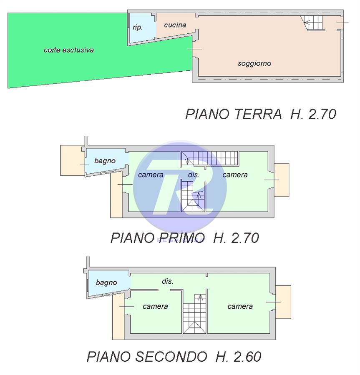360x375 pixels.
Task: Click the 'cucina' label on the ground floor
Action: tap(175, 25)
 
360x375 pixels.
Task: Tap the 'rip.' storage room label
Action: tap(138, 27)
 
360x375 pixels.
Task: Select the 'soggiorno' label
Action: tap(254, 64)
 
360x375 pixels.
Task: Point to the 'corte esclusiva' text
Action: tap(69, 50)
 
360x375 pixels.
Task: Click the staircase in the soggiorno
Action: tap(313, 23)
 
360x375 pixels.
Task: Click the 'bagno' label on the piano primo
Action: tap(105, 161)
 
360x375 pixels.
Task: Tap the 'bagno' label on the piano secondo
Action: tap(106, 282)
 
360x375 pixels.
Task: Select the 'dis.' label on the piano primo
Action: tap(194, 175)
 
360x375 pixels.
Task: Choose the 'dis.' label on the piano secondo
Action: tap(168, 281)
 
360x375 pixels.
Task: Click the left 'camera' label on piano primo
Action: tap(151, 175)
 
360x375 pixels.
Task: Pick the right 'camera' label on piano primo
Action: tap(235, 175)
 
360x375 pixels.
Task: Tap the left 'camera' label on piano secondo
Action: tap(155, 306)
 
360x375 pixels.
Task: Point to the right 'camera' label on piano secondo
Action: tap(240, 306)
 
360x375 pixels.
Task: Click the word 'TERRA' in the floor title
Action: tap(258, 114)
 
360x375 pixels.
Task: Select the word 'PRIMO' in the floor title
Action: tap(182, 238)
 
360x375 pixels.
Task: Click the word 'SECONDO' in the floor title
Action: tap(171, 357)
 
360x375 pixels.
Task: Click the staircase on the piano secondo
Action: tap(194, 314)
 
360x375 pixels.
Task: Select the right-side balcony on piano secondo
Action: tap(283, 302)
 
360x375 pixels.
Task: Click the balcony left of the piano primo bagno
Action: tap(72, 160)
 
